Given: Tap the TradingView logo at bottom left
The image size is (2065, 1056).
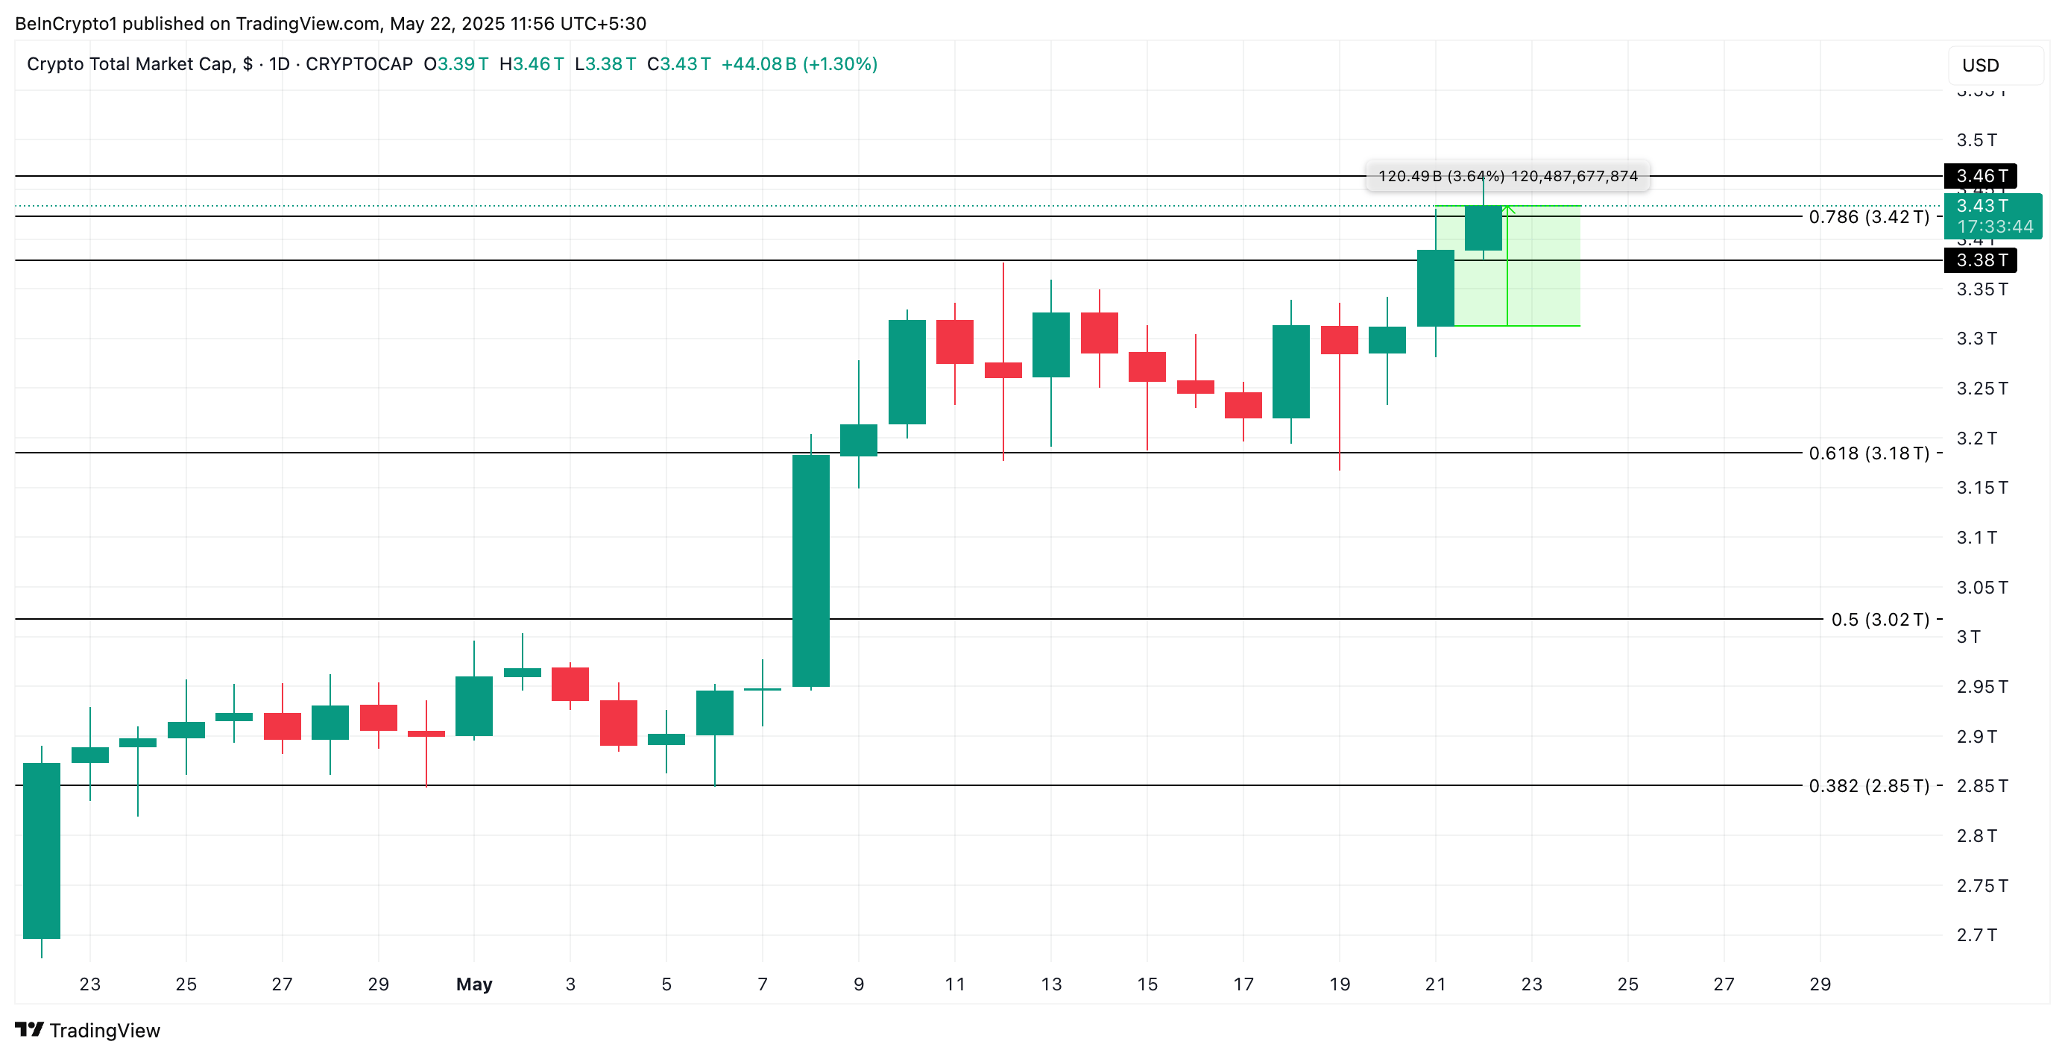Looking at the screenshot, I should pyautogui.click(x=87, y=1030).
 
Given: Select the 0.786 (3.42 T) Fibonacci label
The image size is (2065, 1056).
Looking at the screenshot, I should pyautogui.click(x=1869, y=216).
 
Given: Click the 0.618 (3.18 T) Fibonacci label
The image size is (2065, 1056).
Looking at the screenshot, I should pyautogui.click(x=1869, y=453).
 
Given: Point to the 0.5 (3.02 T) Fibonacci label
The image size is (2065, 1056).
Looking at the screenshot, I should pyautogui.click(x=1880, y=619).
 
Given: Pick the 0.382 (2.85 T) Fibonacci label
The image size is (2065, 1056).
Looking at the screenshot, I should pyautogui.click(x=1869, y=786).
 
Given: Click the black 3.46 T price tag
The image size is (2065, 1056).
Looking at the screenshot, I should pyautogui.click(x=1980, y=175).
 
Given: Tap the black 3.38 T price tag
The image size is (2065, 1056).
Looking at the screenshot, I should pyautogui.click(x=1980, y=260).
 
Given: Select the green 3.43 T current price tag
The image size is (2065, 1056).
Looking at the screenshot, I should pyautogui.click(x=1993, y=216).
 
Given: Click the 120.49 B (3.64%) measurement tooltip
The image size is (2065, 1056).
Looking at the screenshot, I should pyautogui.click(x=1507, y=175).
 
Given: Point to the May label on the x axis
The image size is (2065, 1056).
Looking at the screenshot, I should pyautogui.click(x=474, y=984).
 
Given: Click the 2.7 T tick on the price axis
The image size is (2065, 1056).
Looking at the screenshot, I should pyautogui.click(x=1976, y=934).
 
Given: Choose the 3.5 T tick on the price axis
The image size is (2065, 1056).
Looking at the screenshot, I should pyautogui.click(x=1976, y=140).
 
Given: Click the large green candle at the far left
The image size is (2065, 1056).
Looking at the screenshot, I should pyautogui.click(x=42, y=850).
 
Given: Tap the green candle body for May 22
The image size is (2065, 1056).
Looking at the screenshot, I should pyautogui.click(x=1483, y=227).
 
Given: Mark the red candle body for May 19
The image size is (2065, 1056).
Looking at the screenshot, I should pyautogui.click(x=1339, y=339).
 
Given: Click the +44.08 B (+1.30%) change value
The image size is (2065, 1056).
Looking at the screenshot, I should pyautogui.click(x=799, y=64).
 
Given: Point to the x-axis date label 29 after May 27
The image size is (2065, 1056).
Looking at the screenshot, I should pyautogui.click(x=1820, y=984).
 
